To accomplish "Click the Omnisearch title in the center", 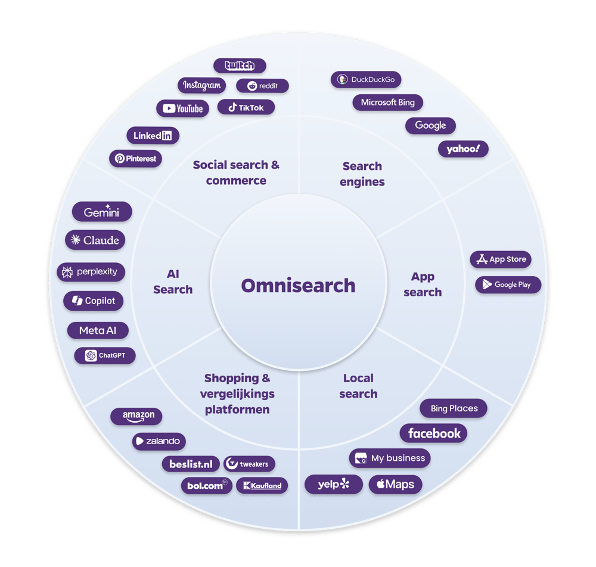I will pyautogui.click(x=298, y=286).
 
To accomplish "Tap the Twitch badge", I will pyautogui.click(x=240, y=66).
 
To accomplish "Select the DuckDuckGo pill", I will pyautogui.click(x=366, y=79).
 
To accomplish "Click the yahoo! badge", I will pyautogui.click(x=463, y=149).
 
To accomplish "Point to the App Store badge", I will pyautogui.click(x=500, y=259).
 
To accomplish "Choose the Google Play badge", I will pyautogui.click(x=507, y=284).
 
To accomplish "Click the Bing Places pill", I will pyautogui.click(x=454, y=408).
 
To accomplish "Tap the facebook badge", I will pyautogui.click(x=433, y=433).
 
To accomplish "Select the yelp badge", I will pyautogui.click(x=333, y=484).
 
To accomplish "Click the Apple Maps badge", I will pyautogui.click(x=395, y=484).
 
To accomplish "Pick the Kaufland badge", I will pyautogui.click(x=262, y=485).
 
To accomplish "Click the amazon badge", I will pyautogui.click(x=136, y=416).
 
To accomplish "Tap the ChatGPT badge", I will pyautogui.click(x=105, y=355).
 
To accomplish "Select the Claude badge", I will pyautogui.click(x=95, y=240).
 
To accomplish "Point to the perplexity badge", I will pyautogui.click(x=91, y=272).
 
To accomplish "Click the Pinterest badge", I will pyautogui.click(x=135, y=159).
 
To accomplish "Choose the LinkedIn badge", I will pyautogui.click(x=153, y=135).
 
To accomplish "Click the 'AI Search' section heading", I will pyautogui.click(x=173, y=281).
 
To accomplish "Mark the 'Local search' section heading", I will pyautogui.click(x=358, y=386).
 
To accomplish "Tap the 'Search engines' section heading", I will pyautogui.click(x=362, y=173).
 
